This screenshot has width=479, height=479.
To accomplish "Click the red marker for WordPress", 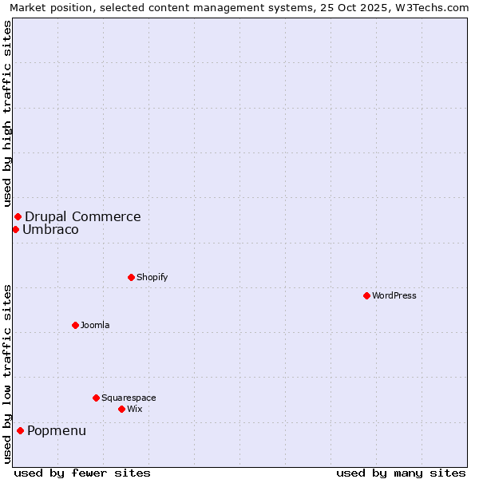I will click(x=366, y=295).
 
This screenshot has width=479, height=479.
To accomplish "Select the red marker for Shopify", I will click(x=131, y=277).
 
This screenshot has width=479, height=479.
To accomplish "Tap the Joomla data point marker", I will click(x=75, y=325).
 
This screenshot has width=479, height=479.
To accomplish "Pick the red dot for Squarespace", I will click(x=96, y=398).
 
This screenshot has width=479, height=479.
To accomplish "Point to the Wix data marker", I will click(x=121, y=409).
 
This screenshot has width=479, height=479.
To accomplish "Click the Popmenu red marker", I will click(x=20, y=431).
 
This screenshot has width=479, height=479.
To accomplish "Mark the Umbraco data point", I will click(x=15, y=230).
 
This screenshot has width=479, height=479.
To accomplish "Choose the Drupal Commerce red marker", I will click(x=18, y=216).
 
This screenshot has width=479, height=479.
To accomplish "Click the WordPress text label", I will click(x=394, y=295).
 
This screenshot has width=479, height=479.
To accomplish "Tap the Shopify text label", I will click(x=152, y=277).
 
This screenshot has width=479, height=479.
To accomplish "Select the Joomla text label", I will click(x=95, y=325).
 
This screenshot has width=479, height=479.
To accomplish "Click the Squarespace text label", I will click(x=129, y=398).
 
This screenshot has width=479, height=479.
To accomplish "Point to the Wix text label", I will click(x=134, y=409).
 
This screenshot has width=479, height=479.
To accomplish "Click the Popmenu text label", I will click(x=57, y=431).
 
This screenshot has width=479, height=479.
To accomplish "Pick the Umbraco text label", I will click(x=50, y=230).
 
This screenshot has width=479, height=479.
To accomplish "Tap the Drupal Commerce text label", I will click(x=83, y=216).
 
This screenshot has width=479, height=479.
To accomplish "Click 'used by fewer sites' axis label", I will click(x=82, y=473).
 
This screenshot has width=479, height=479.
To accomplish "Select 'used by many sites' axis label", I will click(x=401, y=473).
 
